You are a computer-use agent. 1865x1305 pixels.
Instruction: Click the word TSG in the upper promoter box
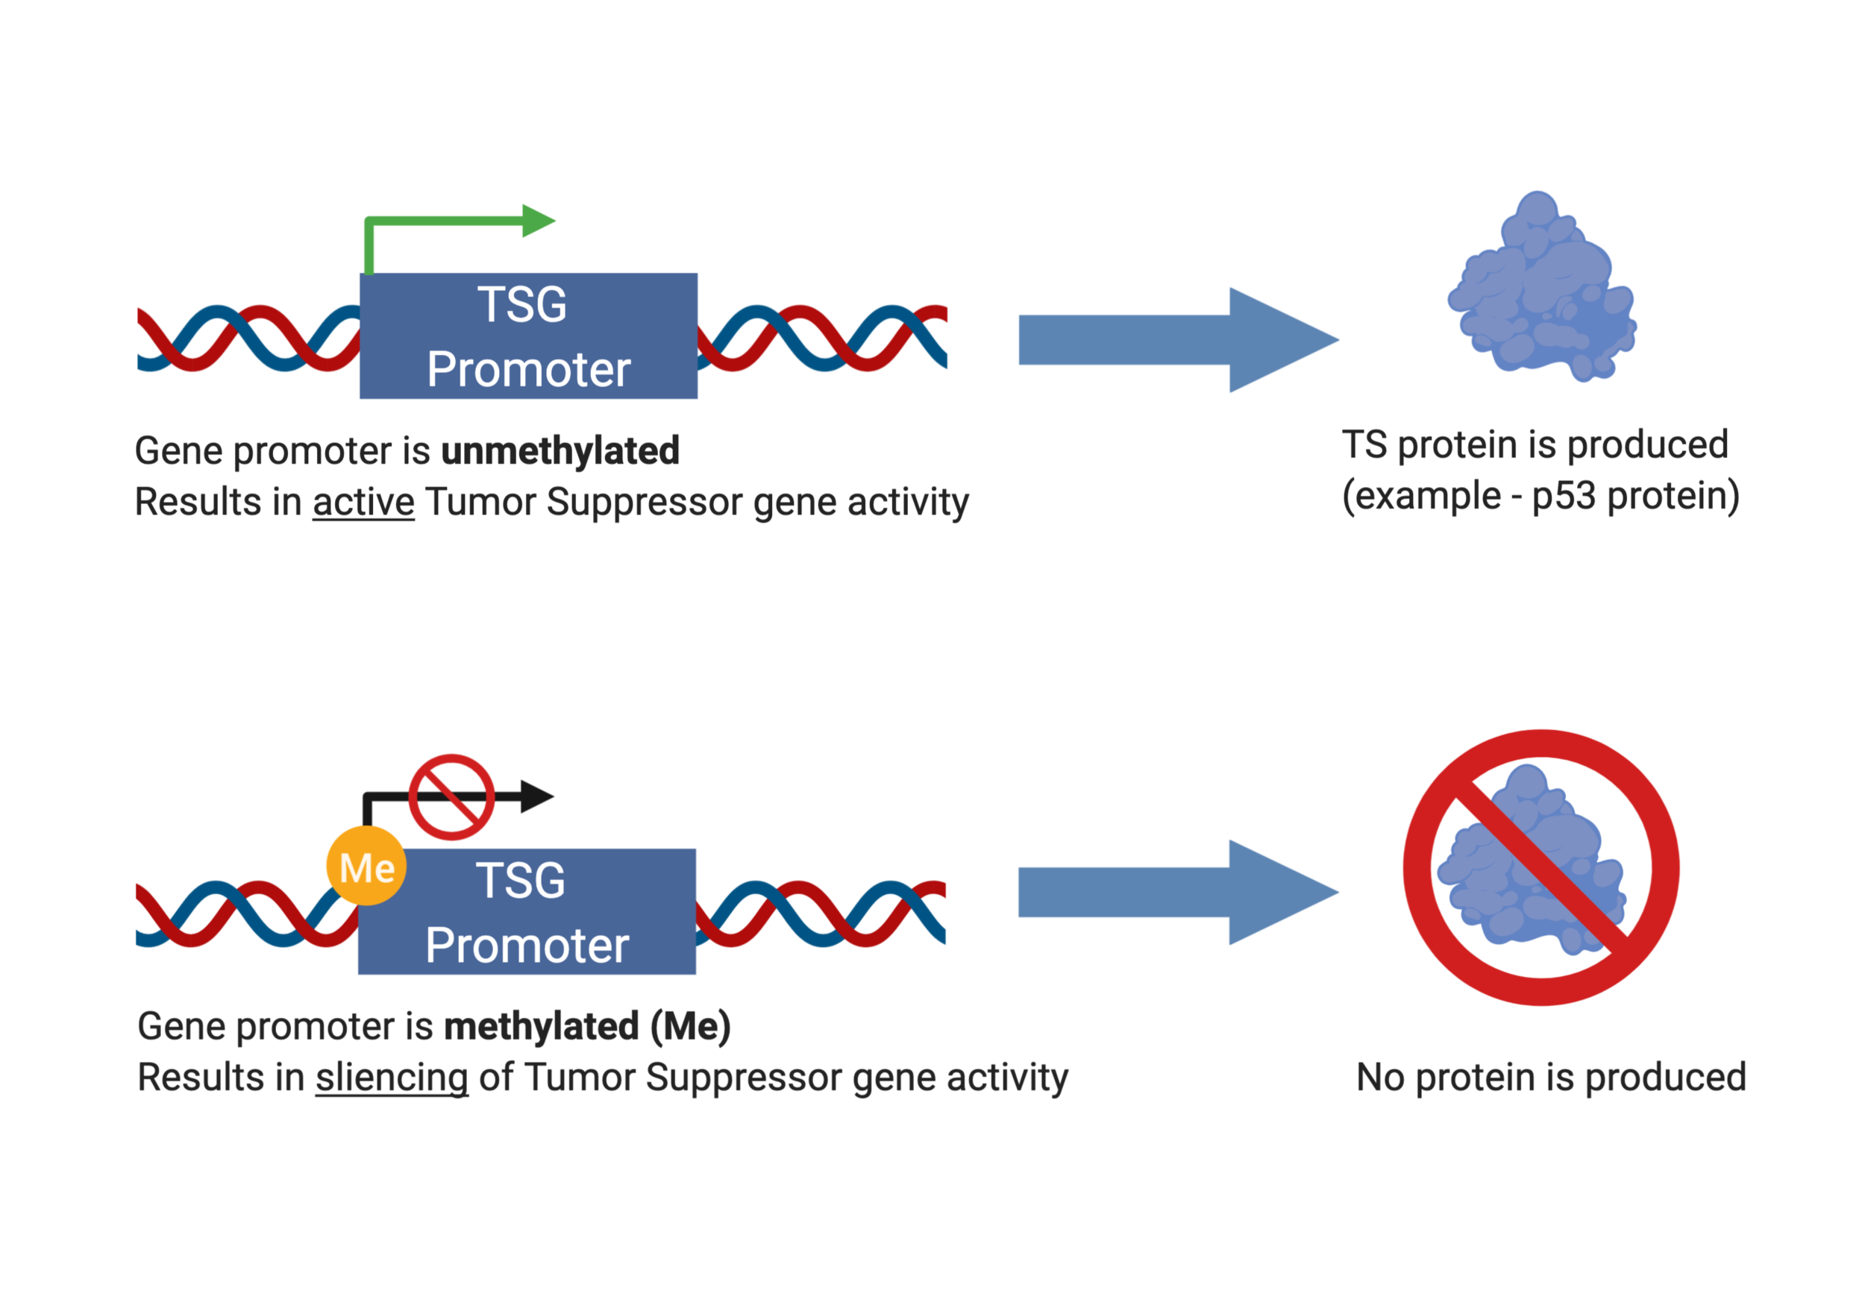pos(521,304)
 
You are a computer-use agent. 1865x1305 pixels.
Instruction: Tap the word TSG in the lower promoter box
pos(520,881)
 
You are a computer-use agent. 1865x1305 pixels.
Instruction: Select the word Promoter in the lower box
pos(527,946)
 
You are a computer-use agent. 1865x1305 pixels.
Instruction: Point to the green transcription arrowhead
pos(537,220)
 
